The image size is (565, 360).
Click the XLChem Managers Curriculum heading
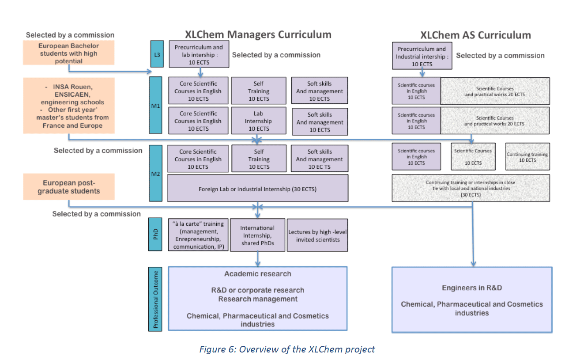[x=258, y=35]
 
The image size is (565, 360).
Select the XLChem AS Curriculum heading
[x=476, y=35]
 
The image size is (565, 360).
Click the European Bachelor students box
[x=68, y=53]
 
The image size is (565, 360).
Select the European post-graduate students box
[x=68, y=186]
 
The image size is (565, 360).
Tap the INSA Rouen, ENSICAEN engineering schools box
[x=68, y=106]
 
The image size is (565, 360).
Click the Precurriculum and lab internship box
[x=199, y=55]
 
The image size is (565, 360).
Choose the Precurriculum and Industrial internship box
[x=422, y=56]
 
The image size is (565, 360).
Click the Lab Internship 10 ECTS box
[x=259, y=121]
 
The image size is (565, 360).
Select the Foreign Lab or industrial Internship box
[x=258, y=189]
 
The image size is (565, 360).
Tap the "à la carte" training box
[x=198, y=235]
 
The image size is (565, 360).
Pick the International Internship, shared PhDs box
[x=257, y=235]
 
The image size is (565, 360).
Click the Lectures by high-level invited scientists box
[x=317, y=235]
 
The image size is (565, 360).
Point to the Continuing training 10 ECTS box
[x=527, y=157]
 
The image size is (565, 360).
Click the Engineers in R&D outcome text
[x=472, y=288]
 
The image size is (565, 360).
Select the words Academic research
[x=258, y=274]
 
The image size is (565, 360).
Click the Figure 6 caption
[x=287, y=349]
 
